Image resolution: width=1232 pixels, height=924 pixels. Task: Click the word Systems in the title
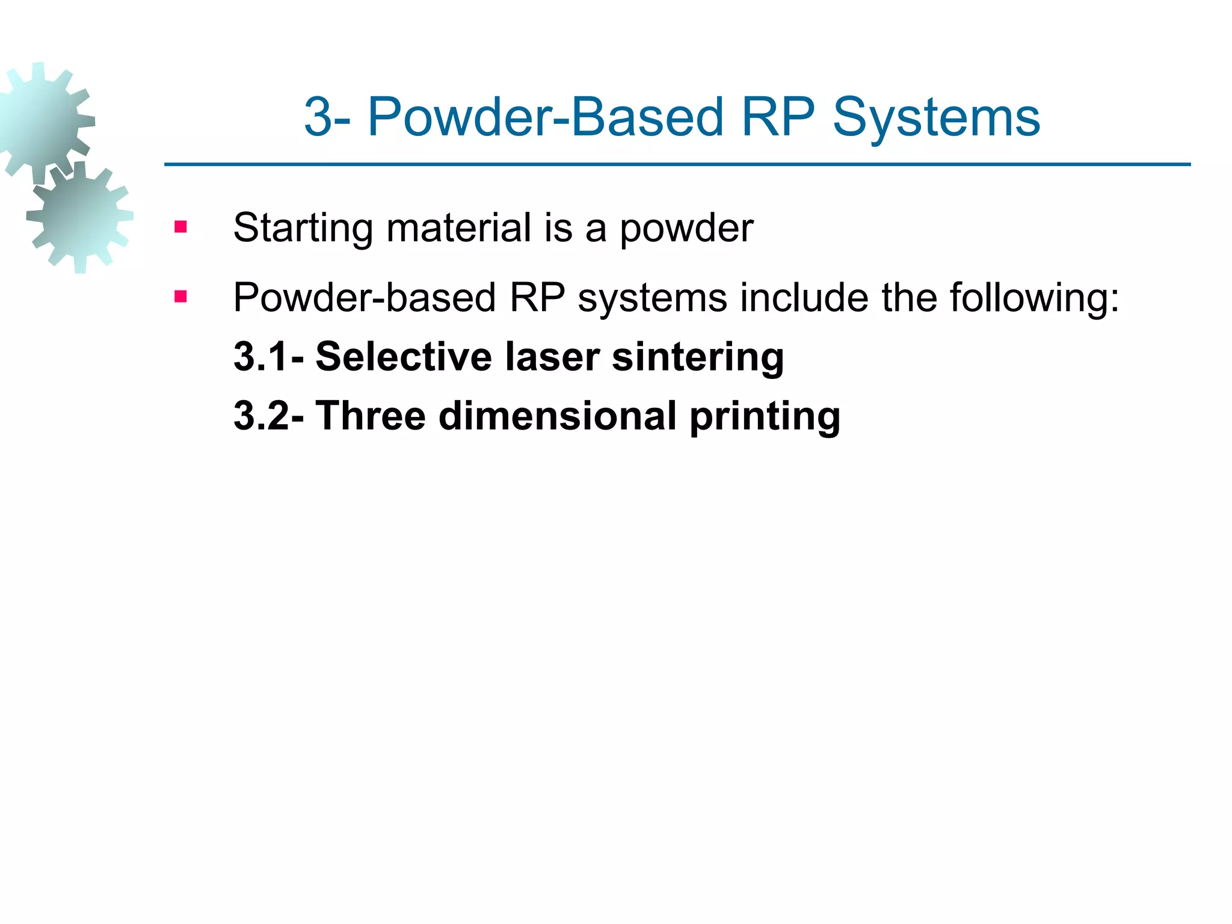tap(936, 118)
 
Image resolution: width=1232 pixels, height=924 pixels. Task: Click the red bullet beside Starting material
tap(180, 227)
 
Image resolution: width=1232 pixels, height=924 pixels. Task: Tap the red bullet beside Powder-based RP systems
tap(180, 297)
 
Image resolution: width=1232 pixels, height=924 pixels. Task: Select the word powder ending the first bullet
tap(686, 229)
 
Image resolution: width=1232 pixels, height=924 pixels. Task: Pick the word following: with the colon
tap(1034, 298)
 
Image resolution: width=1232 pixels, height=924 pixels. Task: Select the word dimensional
tap(557, 416)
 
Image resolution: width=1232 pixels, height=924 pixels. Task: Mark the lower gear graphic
tap(79, 217)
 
